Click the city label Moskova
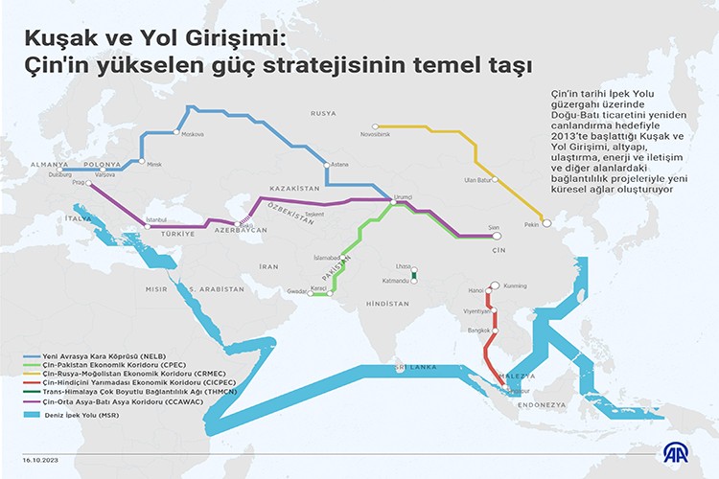(x=193, y=131)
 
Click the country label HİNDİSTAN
(x=386, y=303)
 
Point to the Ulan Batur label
(x=477, y=180)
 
